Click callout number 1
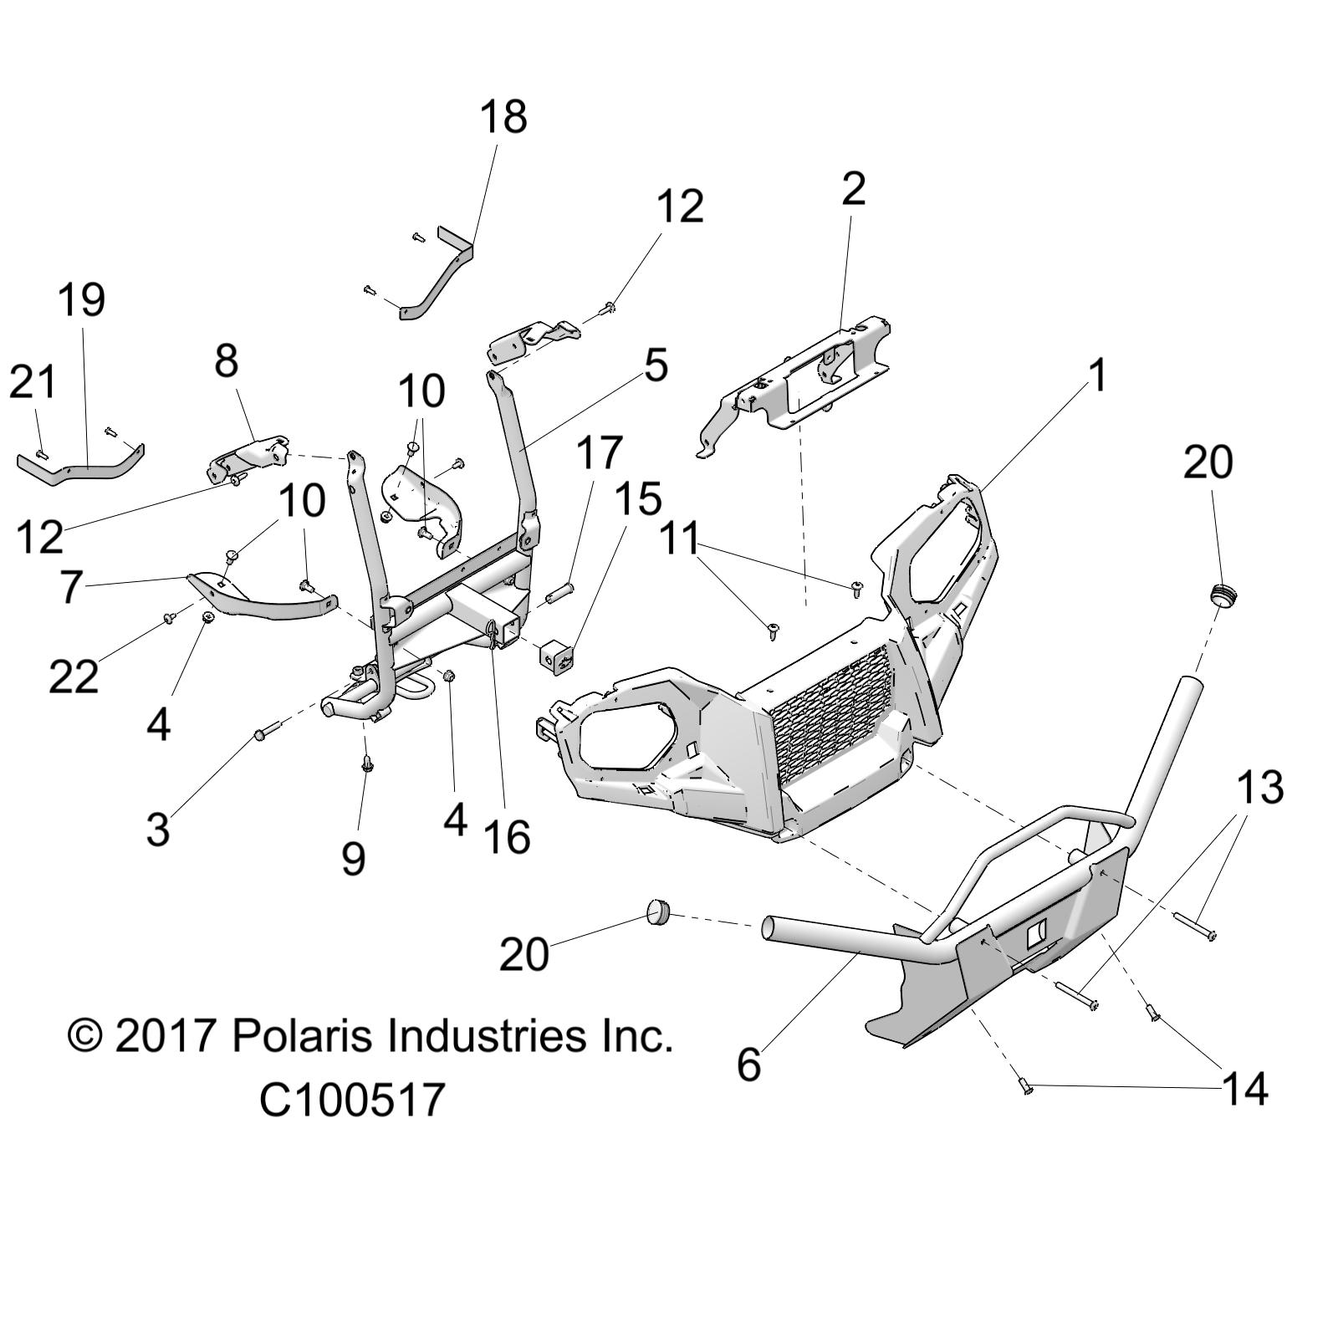click(x=1098, y=375)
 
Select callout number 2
click(x=852, y=191)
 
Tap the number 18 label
click(x=503, y=117)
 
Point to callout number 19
click(x=81, y=300)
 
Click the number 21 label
click(x=33, y=383)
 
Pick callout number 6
click(x=748, y=1065)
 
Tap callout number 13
click(x=1259, y=788)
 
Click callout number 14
click(x=1244, y=1090)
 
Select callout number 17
click(x=600, y=452)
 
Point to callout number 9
click(x=354, y=858)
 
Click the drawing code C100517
click(x=351, y=1100)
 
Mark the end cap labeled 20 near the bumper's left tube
click(x=658, y=912)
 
